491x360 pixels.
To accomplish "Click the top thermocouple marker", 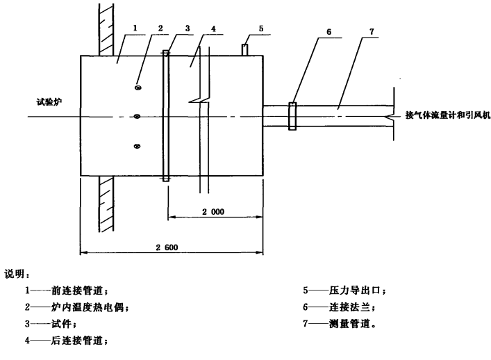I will click(138, 88).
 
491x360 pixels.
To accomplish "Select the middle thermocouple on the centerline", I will click(138, 116).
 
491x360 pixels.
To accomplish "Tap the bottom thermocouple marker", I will click(138, 145).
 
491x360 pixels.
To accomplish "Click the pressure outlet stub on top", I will click(244, 50).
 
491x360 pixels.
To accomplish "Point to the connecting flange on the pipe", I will click(292, 116).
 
